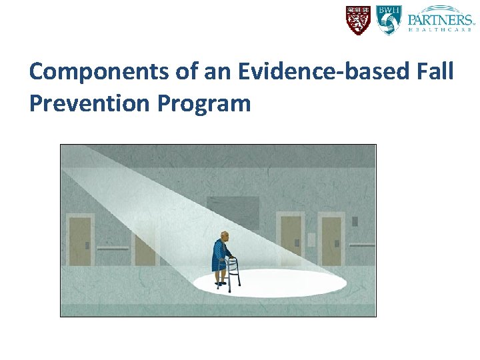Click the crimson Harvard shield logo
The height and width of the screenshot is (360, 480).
click(358, 20)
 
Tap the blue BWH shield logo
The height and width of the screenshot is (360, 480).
click(389, 20)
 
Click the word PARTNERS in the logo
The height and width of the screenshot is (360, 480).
click(441, 17)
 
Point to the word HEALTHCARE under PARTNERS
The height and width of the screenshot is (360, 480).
click(441, 30)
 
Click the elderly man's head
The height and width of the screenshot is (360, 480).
click(225, 237)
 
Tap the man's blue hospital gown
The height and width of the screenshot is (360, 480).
click(220, 257)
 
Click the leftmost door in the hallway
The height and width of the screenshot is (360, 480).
click(79, 240)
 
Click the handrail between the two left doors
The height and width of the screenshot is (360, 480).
click(112, 248)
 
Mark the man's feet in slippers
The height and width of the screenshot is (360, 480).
click(221, 284)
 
